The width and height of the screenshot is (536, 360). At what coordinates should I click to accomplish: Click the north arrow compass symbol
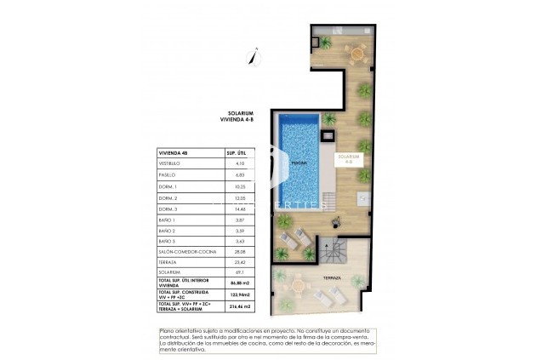click(249, 58)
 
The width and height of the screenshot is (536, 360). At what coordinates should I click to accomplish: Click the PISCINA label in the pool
click(299, 162)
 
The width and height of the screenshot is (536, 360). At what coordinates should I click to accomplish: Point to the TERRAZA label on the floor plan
click(332, 277)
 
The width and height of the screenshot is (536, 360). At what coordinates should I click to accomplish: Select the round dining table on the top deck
click(357, 55)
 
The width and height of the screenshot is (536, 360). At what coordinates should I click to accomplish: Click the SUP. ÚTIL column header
click(236, 151)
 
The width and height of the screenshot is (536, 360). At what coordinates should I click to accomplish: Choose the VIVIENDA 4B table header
click(174, 151)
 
